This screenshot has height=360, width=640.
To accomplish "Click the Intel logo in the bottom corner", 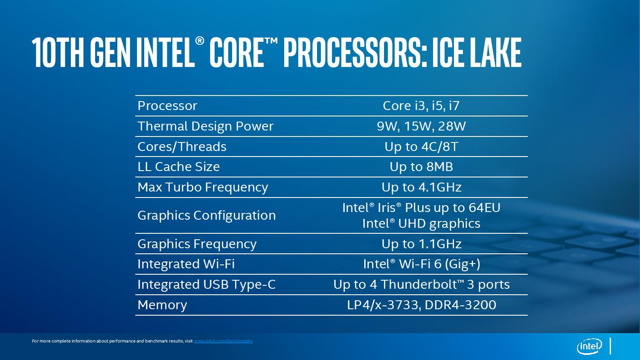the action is (x=589, y=347).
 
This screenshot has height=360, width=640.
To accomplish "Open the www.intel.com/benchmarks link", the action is (x=224, y=341).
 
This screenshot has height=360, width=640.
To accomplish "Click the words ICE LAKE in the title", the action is (x=477, y=53).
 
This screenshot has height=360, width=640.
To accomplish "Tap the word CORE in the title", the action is (x=236, y=53).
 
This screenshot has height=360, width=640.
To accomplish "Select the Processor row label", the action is (x=167, y=106).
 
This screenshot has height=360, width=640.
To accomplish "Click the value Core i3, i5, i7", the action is (x=421, y=106).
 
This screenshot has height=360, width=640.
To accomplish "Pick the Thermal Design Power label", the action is (x=206, y=126).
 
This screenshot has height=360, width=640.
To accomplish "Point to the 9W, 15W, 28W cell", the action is (x=421, y=126).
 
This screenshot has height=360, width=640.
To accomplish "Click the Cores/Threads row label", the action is (x=182, y=147).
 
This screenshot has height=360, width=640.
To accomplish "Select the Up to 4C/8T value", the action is (x=421, y=147).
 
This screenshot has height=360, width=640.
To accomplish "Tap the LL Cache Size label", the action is (x=179, y=167).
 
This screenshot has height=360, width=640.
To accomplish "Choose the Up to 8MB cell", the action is (x=421, y=167).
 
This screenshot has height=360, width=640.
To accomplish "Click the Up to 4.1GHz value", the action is (x=421, y=187).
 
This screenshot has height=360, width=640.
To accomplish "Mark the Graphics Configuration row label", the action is (x=207, y=215).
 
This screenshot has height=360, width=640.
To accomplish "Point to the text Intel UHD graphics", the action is (x=421, y=224).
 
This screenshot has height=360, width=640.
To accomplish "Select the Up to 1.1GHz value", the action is (x=421, y=244).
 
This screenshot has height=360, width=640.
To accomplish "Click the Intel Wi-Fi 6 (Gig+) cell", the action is (x=422, y=264).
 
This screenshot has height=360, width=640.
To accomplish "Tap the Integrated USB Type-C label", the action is (x=207, y=285).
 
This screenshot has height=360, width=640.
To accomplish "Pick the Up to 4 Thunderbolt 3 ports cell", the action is (x=422, y=285).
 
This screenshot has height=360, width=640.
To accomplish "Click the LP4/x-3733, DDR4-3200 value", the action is (x=422, y=305).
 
